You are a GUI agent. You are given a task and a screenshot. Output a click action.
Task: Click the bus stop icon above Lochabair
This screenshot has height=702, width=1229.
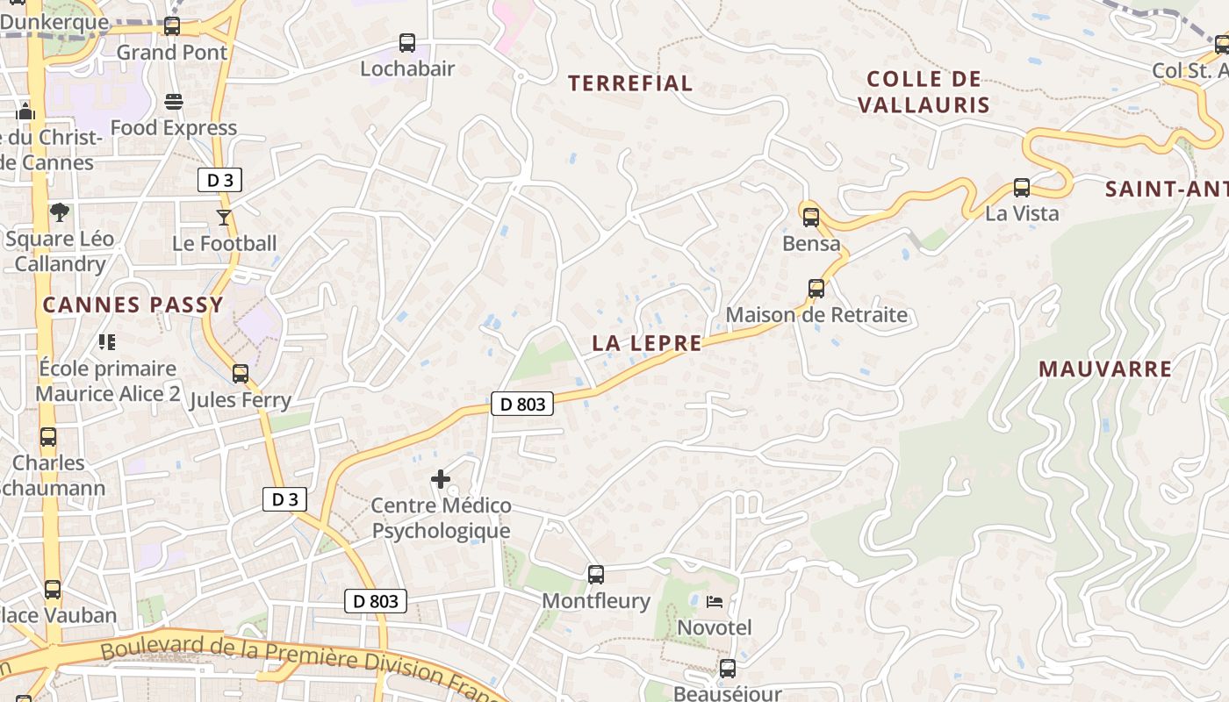(x=406, y=42)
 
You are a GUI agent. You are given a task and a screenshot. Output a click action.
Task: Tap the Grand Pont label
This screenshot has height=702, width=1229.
(x=172, y=53)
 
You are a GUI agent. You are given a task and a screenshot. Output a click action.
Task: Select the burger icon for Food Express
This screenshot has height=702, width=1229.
(x=174, y=102)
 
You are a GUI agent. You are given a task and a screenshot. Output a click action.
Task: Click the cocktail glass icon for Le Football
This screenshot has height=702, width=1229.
(x=224, y=217)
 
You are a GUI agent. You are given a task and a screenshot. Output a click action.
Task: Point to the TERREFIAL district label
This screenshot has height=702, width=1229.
(x=630, y=83)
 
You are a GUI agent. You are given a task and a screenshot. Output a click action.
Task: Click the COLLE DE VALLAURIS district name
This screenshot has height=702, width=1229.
(x=924, y=92)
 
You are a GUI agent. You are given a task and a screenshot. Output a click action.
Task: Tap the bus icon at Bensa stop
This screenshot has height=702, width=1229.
(x=810, y=217)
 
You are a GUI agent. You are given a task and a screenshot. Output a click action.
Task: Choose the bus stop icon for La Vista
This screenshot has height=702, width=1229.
(x=1021, y=187)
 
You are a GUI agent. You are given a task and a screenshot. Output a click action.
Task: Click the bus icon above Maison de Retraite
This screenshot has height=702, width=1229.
(x=816, y=289)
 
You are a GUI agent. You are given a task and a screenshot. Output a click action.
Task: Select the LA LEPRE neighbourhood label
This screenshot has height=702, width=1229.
(x=647, y=343)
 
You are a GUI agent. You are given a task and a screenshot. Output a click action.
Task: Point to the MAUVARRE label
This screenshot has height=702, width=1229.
(x=1105, y=369)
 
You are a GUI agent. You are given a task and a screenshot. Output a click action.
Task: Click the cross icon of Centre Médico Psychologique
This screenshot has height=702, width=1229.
(x=441, y=479)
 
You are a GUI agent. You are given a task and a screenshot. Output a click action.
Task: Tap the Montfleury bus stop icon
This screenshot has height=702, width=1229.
(x=596, y=575)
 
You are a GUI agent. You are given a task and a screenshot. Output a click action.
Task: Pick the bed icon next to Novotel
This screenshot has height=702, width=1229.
(x=715, y=602)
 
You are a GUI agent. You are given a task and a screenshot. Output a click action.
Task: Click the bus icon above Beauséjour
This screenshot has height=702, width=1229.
(x=728, y=669)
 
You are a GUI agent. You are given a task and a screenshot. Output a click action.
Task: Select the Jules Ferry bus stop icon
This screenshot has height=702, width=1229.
(x=241, y=374)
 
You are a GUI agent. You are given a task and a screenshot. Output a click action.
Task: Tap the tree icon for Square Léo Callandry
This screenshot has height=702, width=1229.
(x=60, y=211)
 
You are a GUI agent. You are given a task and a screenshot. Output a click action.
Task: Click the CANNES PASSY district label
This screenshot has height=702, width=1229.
(x=133, y=305)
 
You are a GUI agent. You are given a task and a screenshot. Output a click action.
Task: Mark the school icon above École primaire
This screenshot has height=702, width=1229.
(x=107, y=342)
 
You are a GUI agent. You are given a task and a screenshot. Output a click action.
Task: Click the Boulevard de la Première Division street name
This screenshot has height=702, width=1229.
(x=290, y=663)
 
